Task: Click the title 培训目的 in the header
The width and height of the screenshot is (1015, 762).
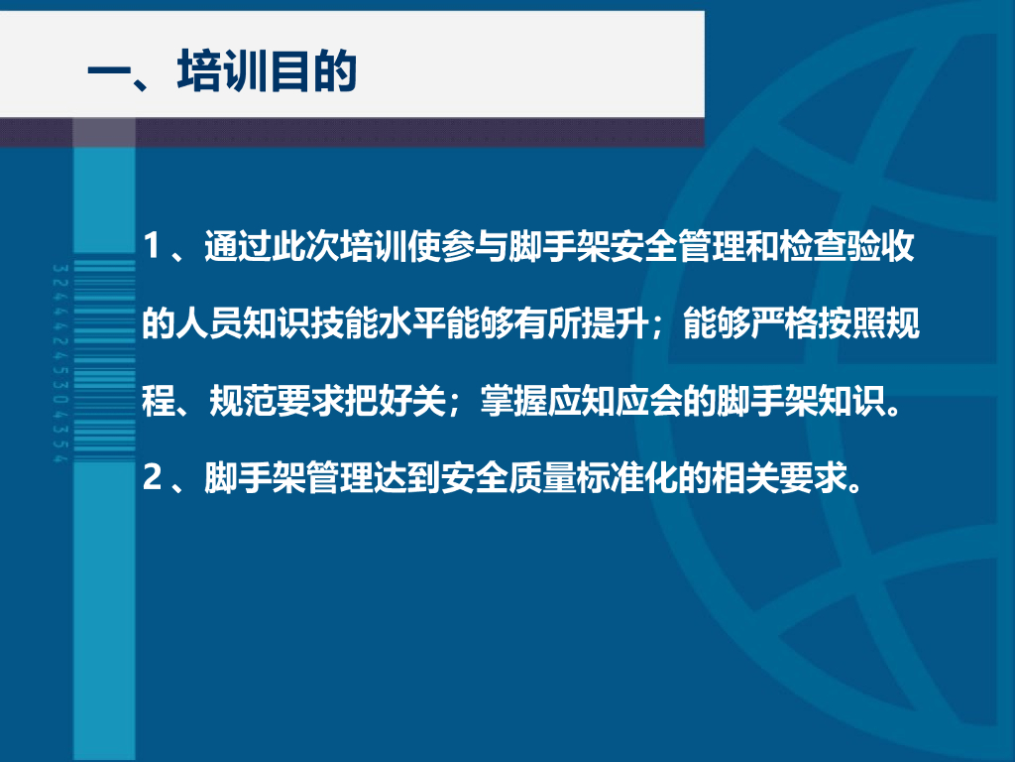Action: click(x=267, y=70)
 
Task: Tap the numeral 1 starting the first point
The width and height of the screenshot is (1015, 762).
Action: click(x=151, y=246)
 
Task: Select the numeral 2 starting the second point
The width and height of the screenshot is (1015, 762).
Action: click(x=152, y=477)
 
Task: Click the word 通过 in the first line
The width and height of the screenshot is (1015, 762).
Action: click(x=238, y=246)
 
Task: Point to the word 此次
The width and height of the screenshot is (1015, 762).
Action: click(x=305, y=246)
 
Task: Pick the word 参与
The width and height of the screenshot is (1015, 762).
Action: click(x=475, y=246)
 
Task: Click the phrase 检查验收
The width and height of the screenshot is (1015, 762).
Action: click(x=846, y=246)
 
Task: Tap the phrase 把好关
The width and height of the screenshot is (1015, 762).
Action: click(x=395, y=401)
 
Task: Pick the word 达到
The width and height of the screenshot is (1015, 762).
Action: click(x=406, y=478)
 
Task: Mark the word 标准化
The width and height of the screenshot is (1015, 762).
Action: click(x=626, y=478)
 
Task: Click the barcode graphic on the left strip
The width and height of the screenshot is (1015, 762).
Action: click(x=104, y=360)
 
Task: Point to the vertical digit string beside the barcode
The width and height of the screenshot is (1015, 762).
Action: click(x=59, y=363)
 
